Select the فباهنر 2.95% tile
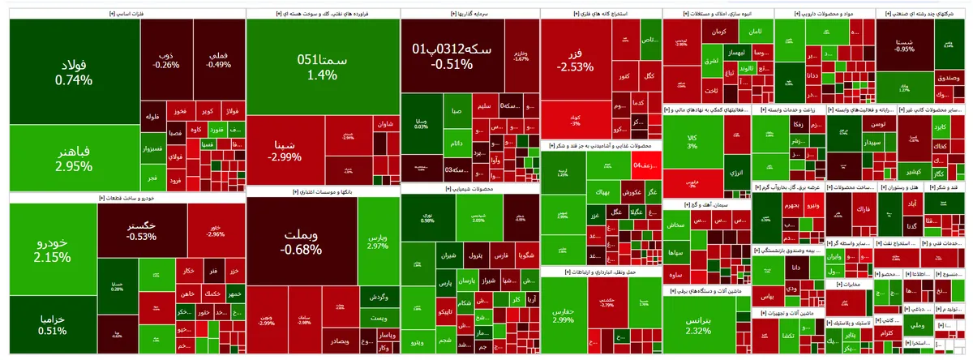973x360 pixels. (74, 158)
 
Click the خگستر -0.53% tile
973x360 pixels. (142, 230)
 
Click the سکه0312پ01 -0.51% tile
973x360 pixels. (452, 57)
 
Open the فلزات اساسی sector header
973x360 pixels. (126, 13)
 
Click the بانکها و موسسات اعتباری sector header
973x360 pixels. (323, 192)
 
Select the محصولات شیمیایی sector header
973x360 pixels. (469, 189)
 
